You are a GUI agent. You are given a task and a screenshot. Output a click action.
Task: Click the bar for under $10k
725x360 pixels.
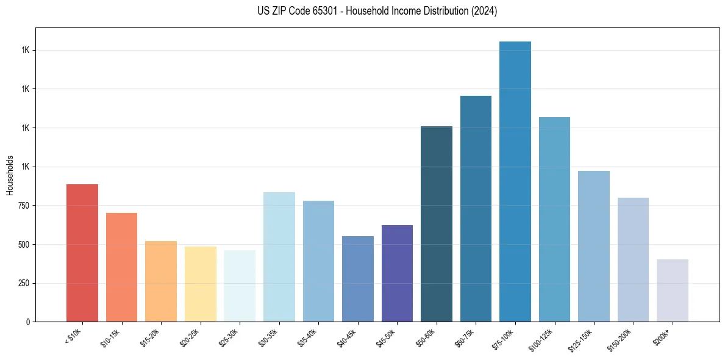pos(82,253)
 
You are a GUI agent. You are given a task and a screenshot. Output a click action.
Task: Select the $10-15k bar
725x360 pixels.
pos(121,267)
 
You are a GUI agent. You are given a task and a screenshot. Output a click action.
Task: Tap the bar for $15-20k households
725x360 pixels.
pos(161,281)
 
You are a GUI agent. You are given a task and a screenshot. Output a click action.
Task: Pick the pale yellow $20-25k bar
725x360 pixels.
pos(200,284)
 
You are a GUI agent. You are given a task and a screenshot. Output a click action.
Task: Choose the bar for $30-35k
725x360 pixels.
pos(279,257)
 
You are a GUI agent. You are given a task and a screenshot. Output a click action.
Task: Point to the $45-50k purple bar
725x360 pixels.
pos(397,273)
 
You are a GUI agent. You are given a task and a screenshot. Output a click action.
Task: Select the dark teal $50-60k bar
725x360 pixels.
pos(437,224)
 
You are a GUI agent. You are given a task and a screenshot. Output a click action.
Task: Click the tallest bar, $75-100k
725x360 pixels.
pos(515,182)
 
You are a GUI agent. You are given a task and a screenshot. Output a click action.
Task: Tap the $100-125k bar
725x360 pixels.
pos(554,220)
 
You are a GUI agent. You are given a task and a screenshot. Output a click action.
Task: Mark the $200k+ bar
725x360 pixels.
pos(673,290)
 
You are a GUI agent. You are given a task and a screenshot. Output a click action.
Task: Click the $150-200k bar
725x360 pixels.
pos(633,260)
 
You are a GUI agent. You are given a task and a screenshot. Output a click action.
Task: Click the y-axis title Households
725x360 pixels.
pos(10,175)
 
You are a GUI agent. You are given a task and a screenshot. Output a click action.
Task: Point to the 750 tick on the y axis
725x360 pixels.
pos(24,206)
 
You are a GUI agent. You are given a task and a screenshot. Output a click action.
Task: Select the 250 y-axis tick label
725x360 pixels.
pos(24,283)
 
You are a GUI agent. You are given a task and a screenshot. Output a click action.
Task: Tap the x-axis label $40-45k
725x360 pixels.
pos(347,337)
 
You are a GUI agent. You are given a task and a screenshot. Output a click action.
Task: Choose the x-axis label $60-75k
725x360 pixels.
pos(465,337)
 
